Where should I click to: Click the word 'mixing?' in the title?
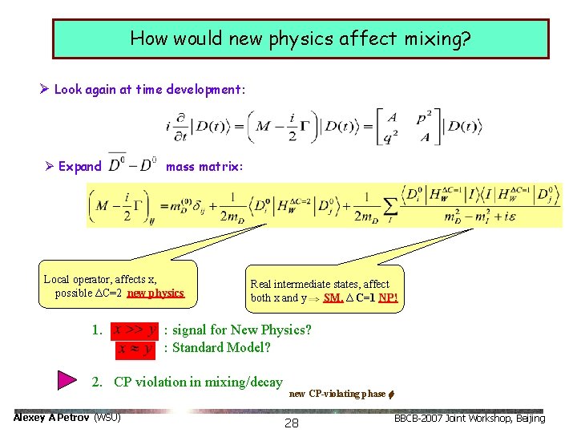point(438,38)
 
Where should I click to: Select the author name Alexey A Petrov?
point(53,418)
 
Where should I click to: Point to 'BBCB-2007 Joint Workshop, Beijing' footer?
point(469,418)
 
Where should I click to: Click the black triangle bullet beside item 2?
point(69,380)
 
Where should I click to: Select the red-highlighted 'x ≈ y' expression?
point(135,348)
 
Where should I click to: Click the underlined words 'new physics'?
point(155,293)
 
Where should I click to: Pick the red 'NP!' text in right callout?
point(388,298)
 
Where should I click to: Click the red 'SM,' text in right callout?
point(333,298)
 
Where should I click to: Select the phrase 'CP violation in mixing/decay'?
point(198,382)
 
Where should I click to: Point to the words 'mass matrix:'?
point(198,167)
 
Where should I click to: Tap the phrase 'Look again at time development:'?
point(150,89)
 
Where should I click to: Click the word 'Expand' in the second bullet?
point(80,167)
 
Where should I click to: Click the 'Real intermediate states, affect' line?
point(320,284)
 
